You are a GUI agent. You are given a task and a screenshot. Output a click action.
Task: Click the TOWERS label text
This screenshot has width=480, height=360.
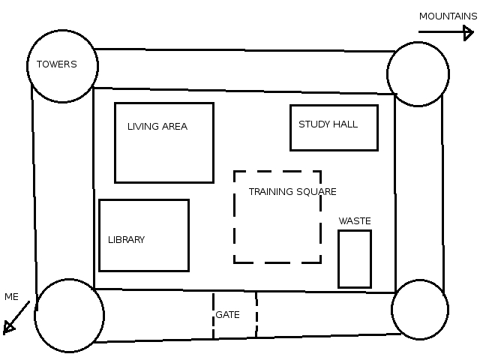[57, 64]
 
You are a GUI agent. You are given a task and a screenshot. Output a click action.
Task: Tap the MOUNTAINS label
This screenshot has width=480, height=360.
[448, 16]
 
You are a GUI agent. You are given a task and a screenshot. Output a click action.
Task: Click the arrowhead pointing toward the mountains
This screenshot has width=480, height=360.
[469, 32]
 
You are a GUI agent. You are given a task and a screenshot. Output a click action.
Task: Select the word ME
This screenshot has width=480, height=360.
[11, 297]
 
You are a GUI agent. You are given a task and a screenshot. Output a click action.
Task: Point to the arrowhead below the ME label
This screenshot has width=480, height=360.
[9, 327]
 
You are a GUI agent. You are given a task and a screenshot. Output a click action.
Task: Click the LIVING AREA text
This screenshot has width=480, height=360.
[157, 127]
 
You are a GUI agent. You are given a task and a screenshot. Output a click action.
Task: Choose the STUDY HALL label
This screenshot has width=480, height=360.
[328, 124]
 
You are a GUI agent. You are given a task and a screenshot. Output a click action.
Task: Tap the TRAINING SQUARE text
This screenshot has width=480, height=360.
[292, 192]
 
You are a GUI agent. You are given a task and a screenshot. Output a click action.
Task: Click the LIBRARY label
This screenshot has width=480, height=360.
[126, 240]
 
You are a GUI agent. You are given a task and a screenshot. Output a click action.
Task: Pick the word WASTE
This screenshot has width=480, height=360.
[355, 221]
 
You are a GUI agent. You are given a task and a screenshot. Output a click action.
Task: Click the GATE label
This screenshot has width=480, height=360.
[227, 315]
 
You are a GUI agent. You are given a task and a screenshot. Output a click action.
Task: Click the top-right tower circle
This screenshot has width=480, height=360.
[418, 73]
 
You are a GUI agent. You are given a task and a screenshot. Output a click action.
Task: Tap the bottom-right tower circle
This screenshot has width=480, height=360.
[419, 309]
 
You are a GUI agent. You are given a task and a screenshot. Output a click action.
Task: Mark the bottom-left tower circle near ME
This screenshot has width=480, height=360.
[69, 316]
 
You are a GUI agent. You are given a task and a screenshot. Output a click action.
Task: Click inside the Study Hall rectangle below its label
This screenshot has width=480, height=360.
[334, 139]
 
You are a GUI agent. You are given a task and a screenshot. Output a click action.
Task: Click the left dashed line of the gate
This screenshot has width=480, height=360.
[213, 315]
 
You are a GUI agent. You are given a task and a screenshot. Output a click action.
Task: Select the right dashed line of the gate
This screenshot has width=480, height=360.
[256, 315]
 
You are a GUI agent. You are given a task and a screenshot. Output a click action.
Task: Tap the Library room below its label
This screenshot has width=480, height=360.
[142, 257]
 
